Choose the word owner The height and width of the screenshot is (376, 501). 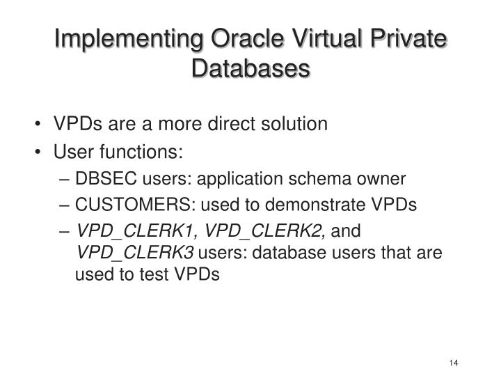click(381, 178)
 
